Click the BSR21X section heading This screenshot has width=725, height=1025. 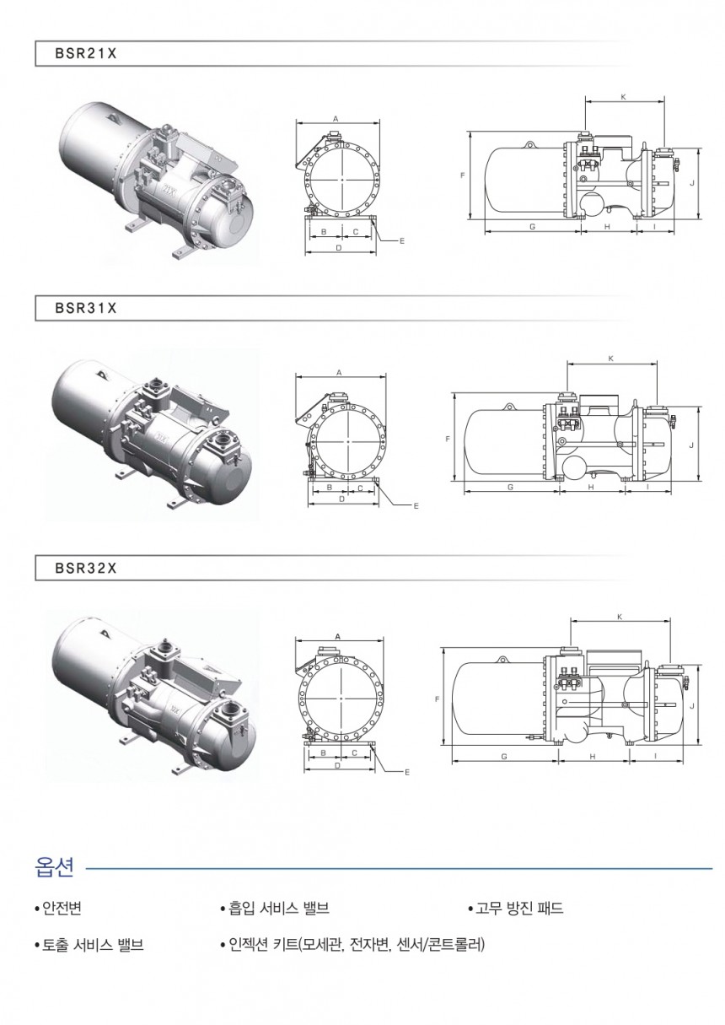click(x=86, y=53)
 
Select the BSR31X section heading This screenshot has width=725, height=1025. click(x=86, y=309)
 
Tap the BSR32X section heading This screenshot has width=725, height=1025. click(x=86, y=569)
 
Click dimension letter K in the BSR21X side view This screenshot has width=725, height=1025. click(x=623, y=96)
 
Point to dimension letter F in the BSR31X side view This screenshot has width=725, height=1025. click(x=448, y=440)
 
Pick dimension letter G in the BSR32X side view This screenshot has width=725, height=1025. click(x=504, y=757)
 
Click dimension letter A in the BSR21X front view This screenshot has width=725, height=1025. click(x=336, y=119)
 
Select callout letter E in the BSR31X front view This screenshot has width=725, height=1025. click(x=416, y=506)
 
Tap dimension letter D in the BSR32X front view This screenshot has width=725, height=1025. click(x=338, y=765)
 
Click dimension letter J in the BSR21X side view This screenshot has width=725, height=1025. click(x=692, y=182)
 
